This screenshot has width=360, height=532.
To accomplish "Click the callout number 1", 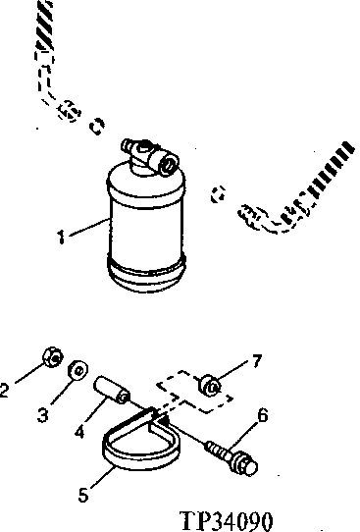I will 62,236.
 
